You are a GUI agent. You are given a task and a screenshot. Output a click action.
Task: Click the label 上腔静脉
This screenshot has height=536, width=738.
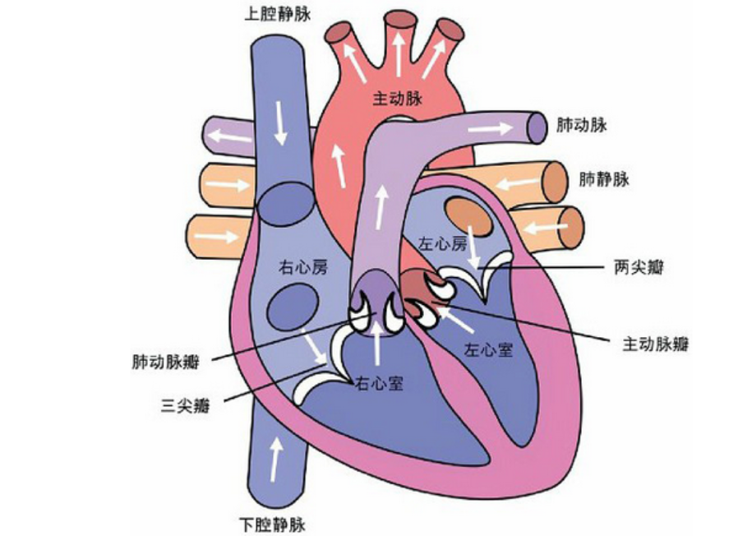tap(277, 14)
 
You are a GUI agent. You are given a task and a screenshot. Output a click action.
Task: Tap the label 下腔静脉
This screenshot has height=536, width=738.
tap(272, 524)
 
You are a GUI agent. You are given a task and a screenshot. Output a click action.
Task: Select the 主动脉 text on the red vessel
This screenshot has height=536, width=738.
tap(398, 99)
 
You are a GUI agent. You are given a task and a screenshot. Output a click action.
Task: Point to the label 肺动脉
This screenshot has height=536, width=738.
tap(581, 125)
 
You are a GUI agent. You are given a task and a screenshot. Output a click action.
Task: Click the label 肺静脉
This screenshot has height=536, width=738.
tap(604, 179)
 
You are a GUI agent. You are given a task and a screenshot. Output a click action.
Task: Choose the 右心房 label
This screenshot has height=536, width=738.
tap(302, 268)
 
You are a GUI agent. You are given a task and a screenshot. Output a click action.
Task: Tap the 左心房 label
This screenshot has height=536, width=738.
tap(442, 243)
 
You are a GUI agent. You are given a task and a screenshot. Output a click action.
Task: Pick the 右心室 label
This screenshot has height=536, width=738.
tap(379, 383)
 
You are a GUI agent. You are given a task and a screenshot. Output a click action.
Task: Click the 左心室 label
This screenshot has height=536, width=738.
tap(488, 349)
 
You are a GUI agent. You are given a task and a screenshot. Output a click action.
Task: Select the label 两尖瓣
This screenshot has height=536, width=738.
tap(639, 267)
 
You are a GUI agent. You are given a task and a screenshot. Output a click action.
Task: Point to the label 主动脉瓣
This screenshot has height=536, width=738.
tap(656, 344)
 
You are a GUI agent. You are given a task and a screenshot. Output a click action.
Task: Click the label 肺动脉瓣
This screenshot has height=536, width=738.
tap(165, 363)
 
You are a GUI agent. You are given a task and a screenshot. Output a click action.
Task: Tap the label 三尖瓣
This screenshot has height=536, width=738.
tap(185, 405)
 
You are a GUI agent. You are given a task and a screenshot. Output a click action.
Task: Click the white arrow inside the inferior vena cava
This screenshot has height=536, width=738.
tap(277, 460)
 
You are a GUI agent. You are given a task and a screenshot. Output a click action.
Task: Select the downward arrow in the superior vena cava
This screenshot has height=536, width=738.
tap(280, 123)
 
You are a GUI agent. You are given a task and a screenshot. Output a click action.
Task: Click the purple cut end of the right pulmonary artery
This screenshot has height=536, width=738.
tap(537, 127)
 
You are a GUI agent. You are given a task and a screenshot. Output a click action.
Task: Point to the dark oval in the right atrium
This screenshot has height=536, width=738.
tap(293, 308)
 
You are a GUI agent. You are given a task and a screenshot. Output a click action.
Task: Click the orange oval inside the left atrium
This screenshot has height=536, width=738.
tap(469, 217)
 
